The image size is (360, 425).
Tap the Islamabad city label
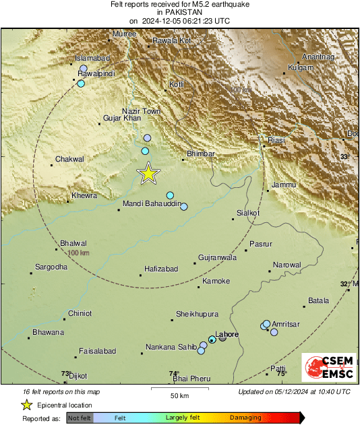[x=92, y=59]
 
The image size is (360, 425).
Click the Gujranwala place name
[x=217, y=257]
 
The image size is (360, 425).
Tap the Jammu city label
[x=284, y=185]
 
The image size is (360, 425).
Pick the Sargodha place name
[x=51, y=267]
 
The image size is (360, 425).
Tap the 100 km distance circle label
[x=79, y=253]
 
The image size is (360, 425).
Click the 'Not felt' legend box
[x=80, y=418]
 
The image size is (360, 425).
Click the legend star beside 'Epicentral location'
[x=26, y=405]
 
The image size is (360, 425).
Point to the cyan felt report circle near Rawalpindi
[x=81, y=84]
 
